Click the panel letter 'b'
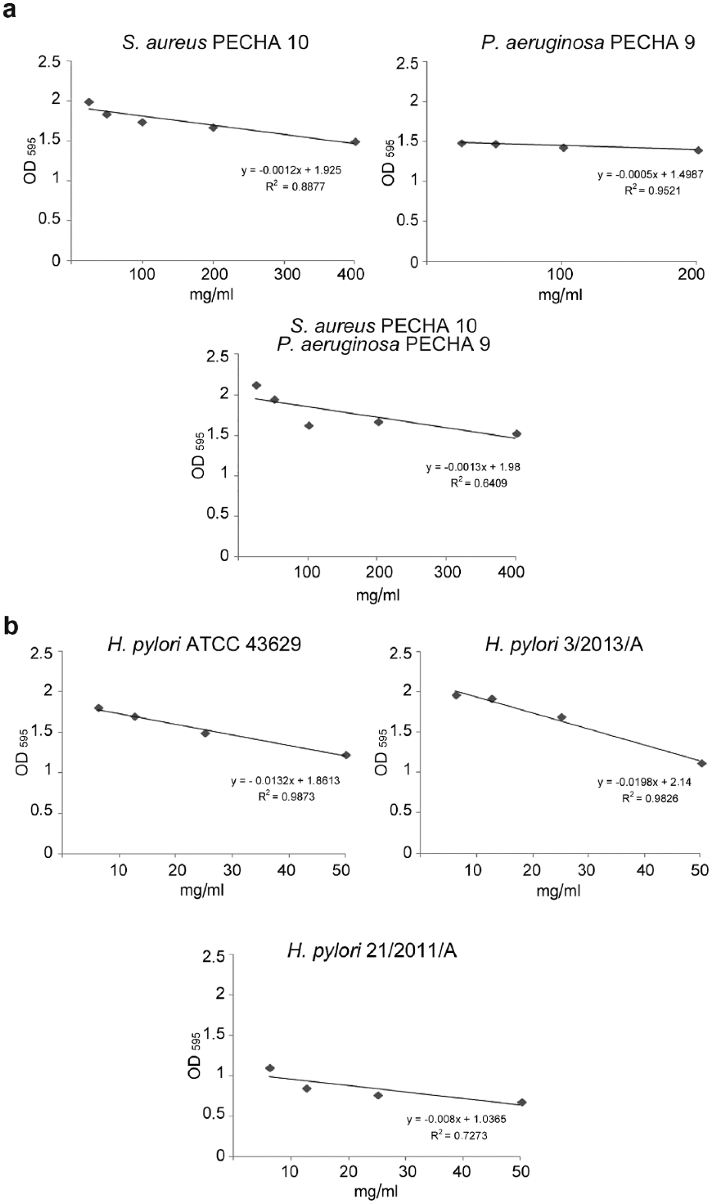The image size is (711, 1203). (11, 627)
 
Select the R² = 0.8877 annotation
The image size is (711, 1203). (295, 186)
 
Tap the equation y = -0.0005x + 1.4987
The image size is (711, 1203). (650, 174)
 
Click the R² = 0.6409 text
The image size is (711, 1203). (479, 483)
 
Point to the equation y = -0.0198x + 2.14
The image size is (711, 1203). (644, 782)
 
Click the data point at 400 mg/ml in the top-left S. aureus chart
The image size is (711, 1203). (355, 142)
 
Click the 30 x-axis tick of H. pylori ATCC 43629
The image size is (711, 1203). (232, 870)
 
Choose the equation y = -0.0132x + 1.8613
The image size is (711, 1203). (286, 781)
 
